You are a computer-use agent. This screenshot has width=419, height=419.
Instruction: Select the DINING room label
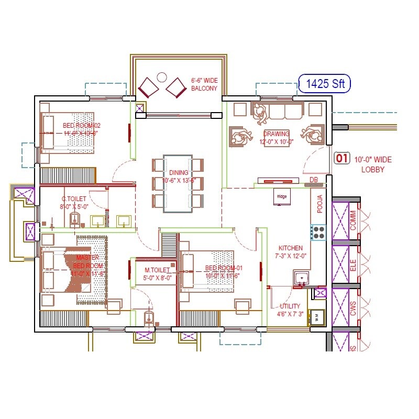(x=178, y=177)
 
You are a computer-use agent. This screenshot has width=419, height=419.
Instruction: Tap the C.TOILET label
(x=74, y=202)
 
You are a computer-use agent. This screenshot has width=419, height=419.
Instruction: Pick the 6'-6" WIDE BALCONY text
(x=204, y=84)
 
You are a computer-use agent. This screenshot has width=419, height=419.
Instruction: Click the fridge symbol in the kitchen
(x=281, y=197)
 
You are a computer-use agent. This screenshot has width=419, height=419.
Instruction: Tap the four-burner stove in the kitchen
(x=318, y=231)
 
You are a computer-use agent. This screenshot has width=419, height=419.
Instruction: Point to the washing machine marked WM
(x=317, y=316)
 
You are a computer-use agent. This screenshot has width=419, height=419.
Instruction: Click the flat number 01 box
(x=341, y=158)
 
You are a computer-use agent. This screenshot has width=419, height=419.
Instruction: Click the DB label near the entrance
(x=314, y=180)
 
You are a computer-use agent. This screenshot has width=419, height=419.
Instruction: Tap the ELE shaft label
(x=353, y=264)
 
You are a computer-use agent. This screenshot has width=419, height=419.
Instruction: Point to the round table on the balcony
(x=162, y=78)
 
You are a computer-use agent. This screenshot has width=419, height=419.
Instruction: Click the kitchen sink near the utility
(x=301, y=278)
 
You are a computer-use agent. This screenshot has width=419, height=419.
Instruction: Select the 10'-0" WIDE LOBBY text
(x=373, y=164)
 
